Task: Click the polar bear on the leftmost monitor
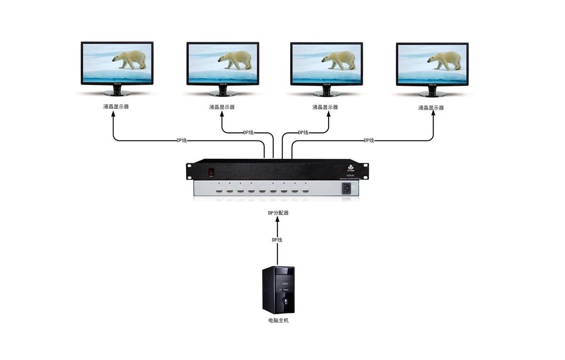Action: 130,59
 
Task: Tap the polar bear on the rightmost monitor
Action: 445,60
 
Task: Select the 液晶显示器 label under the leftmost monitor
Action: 116,106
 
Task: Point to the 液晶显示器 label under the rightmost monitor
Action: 431,108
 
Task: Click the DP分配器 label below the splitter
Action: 278,213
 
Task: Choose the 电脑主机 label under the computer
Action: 278,320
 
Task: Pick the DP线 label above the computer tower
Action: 277,240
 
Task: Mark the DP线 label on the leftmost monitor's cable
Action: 182,140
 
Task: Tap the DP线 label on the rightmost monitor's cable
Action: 369,140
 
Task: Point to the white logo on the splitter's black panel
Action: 350,167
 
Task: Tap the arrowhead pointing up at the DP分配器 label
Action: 277,221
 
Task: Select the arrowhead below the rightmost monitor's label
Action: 433,116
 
